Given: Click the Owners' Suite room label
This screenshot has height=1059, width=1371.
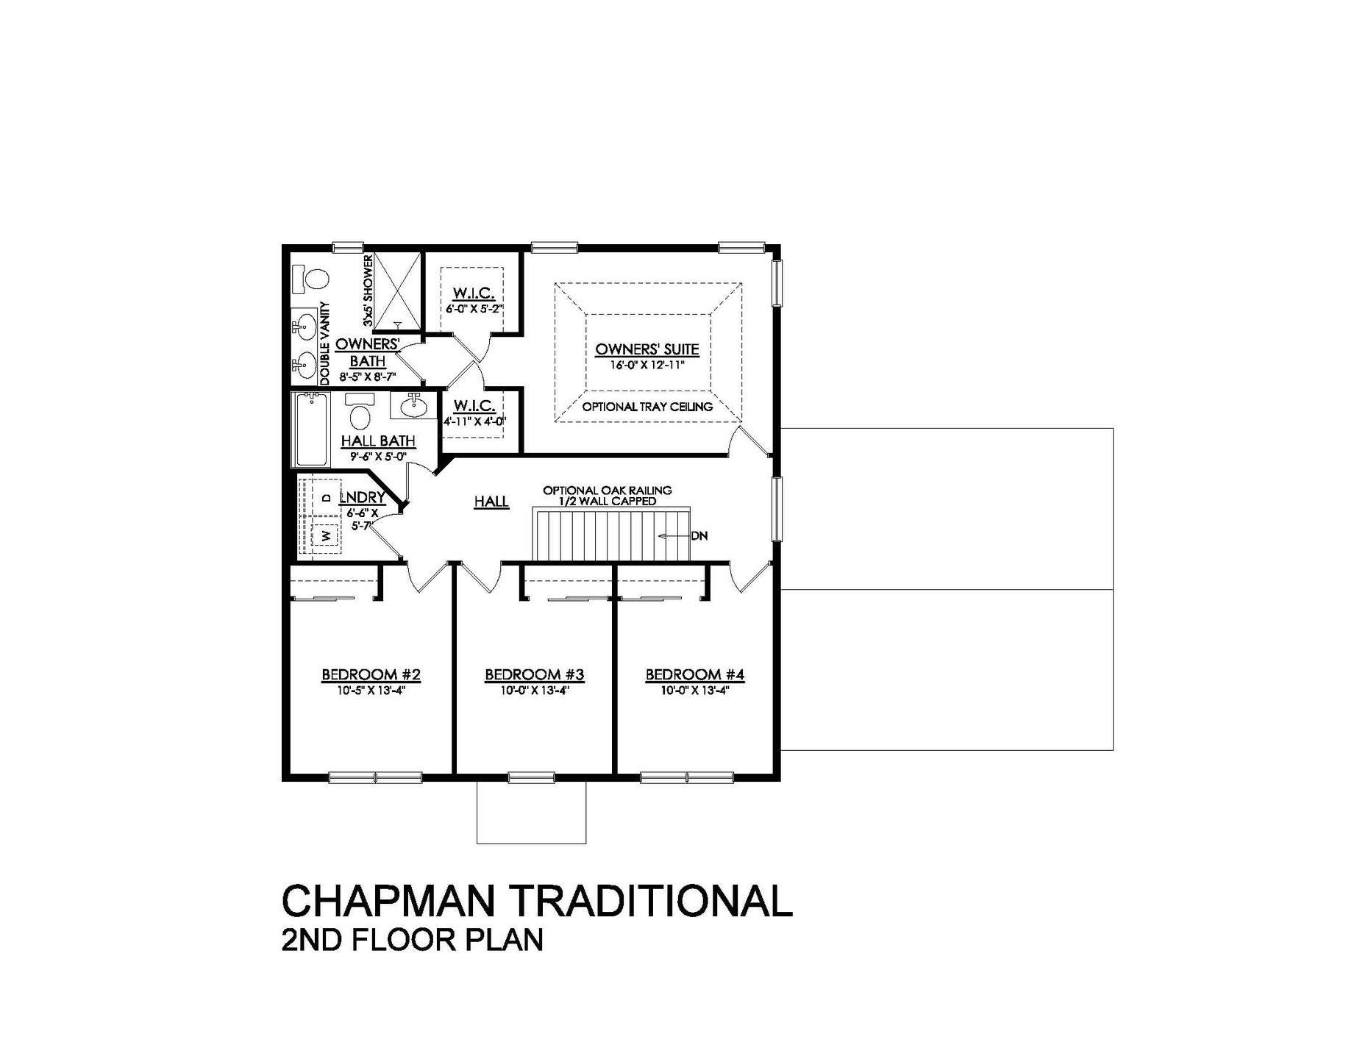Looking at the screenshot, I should pyautogui.click(x=647, y=349).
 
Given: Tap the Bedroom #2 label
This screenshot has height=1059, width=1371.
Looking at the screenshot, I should pyautogui.click(x=371, y=674).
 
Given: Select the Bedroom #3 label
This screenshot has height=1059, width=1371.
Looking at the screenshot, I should pyautogui.click(x=534, y=674).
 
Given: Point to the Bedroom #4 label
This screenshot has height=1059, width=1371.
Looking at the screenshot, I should pyautogui.click(x=695, y=674).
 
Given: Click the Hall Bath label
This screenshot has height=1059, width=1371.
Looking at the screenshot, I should pyautogui.click(x=378, y=441).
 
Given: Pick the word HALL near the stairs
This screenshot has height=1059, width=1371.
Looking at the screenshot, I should pyautogui.click(x=491, y=502).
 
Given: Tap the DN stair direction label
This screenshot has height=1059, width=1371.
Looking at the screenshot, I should pyautogui.click(x=699, y=536).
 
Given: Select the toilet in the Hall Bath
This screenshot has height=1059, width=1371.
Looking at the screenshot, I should pyautogui.click(x=360, y=413).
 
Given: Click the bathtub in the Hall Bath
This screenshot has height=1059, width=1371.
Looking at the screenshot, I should pyautogui.click(x=311, y=429).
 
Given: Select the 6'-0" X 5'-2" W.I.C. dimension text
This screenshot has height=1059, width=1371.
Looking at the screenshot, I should pyautogui.click(x=474, y=310).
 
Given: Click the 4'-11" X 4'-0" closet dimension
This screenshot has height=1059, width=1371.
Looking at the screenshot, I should pyautogui.click(x=474, y=422).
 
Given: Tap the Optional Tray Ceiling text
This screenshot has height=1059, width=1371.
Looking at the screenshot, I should pyautogui.click(x=647, y=407).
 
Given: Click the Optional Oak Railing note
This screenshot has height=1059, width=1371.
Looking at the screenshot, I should pyautogui.click(x=607, y=491).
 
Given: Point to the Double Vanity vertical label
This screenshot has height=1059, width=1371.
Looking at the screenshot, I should pyautogui.click(x=324, y=344).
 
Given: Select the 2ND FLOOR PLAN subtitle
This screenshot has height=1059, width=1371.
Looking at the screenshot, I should pyautogui.click(x=412, y=941).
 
